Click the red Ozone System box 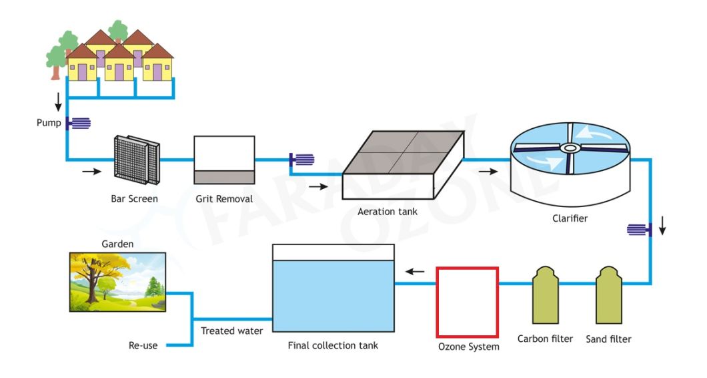[467, 302]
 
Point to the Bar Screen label [134, 198]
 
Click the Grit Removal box [224, 160]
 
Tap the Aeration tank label [388, 212]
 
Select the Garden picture [117, 282]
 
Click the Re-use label [143, 345]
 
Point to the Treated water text [231, 331]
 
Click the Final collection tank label [333, 345]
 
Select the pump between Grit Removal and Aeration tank [302, 160]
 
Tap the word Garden [117, 244]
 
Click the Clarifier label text [570, 218]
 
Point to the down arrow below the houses [58, 102]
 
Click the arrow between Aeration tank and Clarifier [488, 171]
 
